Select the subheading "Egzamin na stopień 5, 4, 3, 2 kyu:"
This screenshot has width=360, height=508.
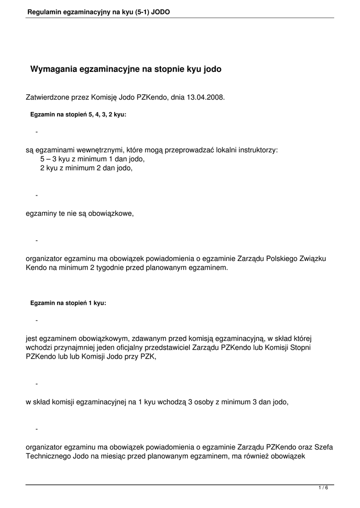(x=78, y=115)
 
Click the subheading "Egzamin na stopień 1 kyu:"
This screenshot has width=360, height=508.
(x=68, y=303)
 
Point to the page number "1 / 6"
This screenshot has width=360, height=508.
(x=323, y=488)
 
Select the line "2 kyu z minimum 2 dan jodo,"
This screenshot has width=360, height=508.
(x=86, y=168)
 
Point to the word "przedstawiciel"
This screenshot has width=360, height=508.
(x=168, y=348)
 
